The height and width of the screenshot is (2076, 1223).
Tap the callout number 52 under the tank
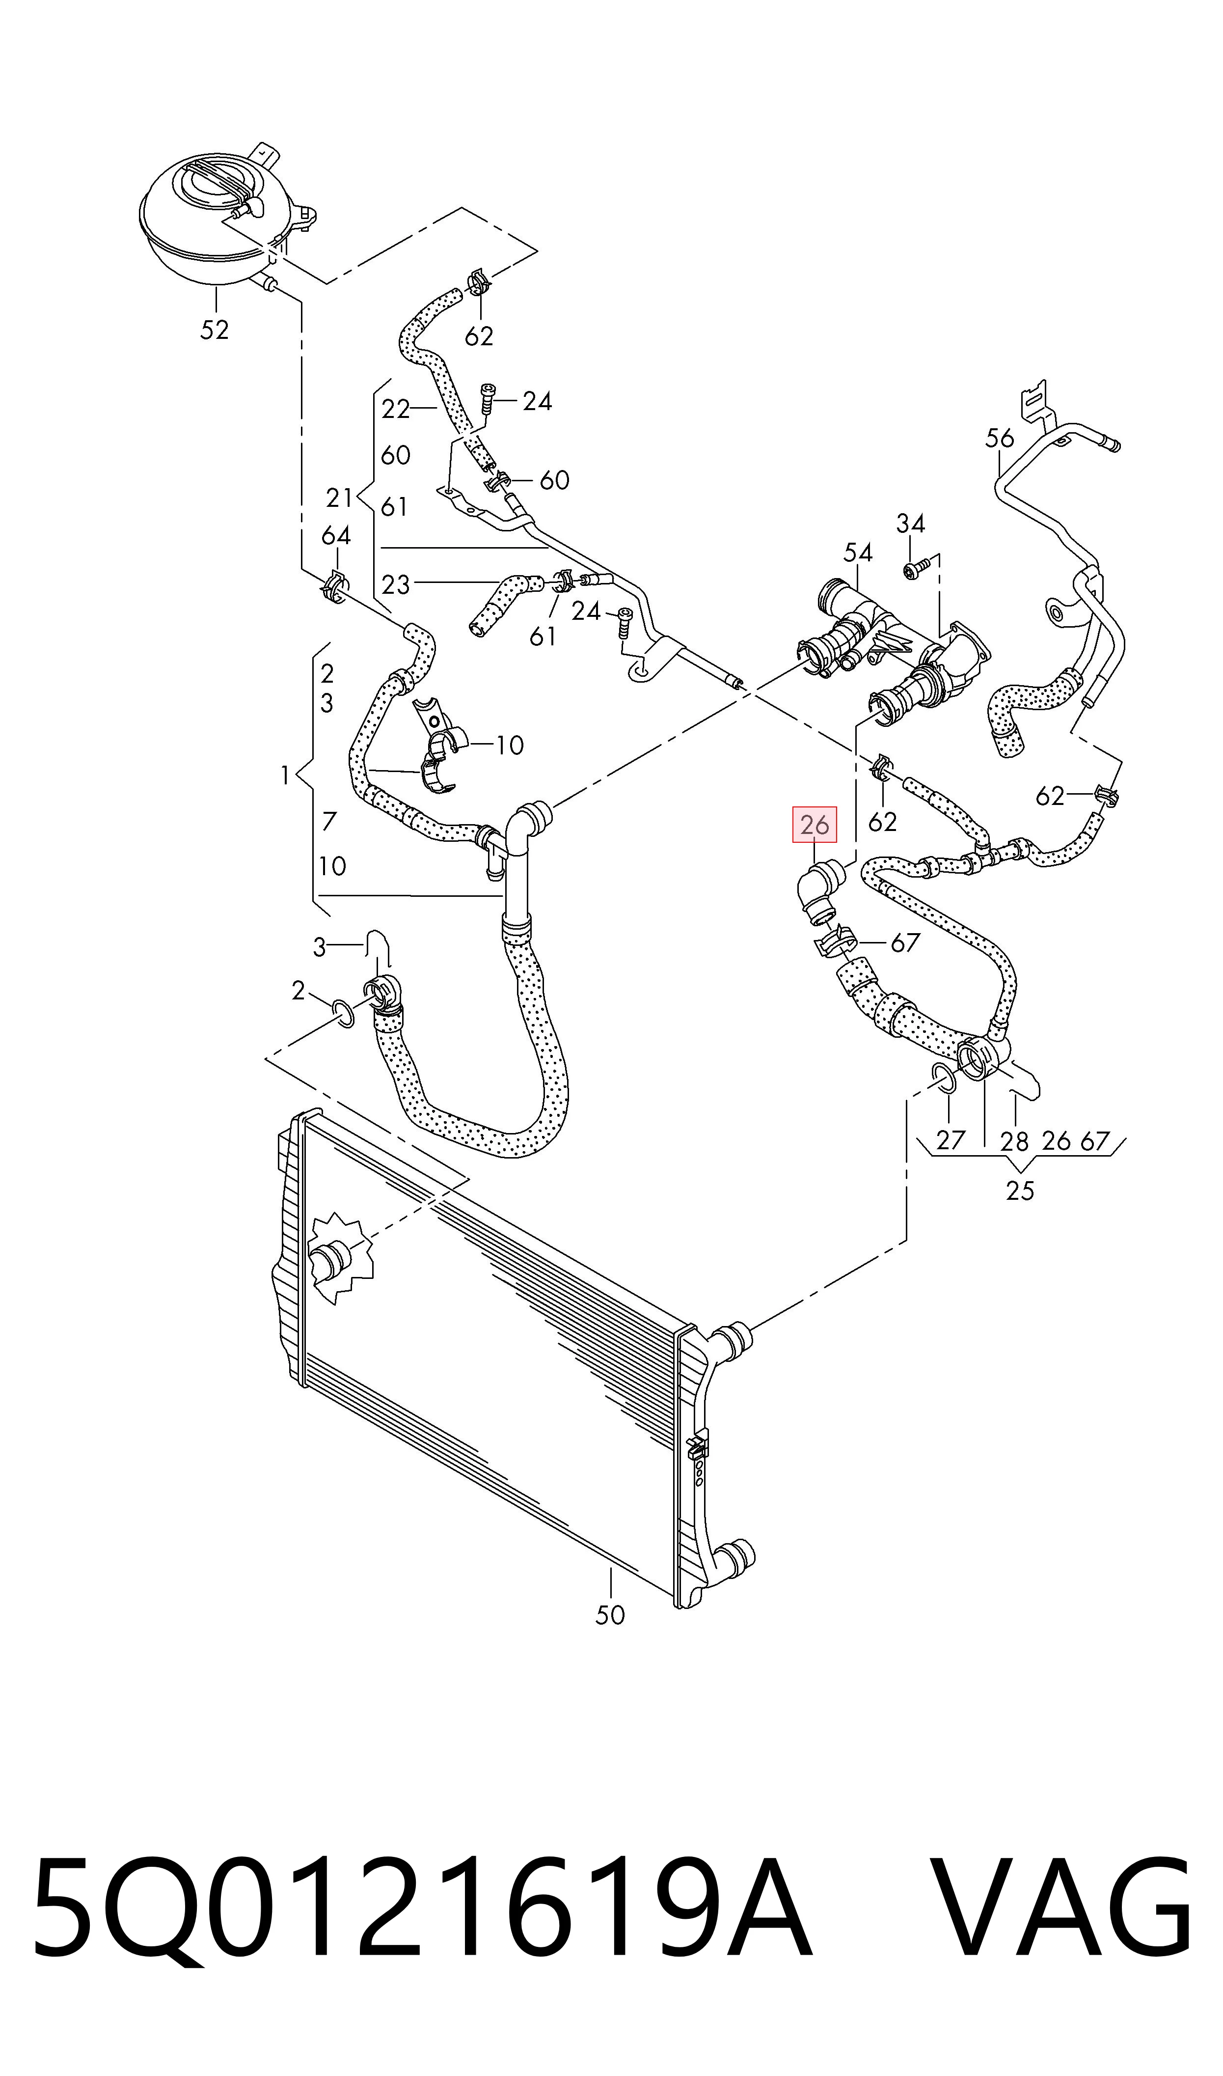tap(214, 330)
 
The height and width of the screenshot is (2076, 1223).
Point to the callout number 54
tap(858, 552)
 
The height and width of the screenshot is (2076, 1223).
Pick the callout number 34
tap(911, 524)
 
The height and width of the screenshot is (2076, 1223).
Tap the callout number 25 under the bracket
tap(1019, 1191)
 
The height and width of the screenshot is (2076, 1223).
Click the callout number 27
tap(950, 1140)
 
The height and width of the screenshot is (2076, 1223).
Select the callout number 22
tap(396, 409)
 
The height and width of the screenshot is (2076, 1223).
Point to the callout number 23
tap(396, 584)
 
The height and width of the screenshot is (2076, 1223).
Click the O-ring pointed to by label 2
tap(344, 1015)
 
